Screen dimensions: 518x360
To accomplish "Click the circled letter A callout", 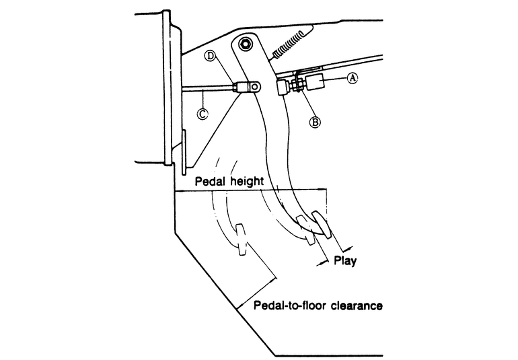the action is [353, 78].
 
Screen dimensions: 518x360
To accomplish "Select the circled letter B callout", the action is [315, 122].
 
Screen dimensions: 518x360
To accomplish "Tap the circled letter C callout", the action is [202, 114].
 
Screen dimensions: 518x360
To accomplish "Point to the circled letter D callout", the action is [210, 56].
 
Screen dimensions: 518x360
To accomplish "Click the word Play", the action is [345, 260].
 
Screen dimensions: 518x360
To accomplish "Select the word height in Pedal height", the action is [248, 181].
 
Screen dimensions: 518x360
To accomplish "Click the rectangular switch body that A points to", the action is [316, 81].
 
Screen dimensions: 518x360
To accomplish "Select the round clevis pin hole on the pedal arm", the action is [254, 87].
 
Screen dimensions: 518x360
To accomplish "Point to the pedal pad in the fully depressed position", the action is [241, 240].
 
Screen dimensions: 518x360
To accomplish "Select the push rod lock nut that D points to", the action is [235, 87].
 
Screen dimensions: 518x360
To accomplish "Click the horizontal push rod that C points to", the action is [207, 87].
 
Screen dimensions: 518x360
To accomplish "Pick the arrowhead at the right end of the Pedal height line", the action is [323, 190].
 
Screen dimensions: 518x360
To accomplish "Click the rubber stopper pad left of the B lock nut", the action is [283, 87].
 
